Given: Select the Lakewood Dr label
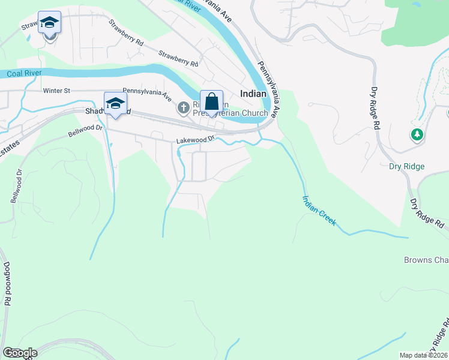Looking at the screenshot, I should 195,140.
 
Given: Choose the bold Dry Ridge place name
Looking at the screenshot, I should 406,167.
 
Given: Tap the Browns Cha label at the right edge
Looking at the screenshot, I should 426,260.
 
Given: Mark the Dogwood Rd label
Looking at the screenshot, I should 7,284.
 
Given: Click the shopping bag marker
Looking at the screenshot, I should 211,102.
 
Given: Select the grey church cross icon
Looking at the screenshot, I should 183,108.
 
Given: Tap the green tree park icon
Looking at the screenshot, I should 417,134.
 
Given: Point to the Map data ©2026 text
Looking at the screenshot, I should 423,355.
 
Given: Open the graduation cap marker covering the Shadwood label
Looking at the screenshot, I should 115,103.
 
